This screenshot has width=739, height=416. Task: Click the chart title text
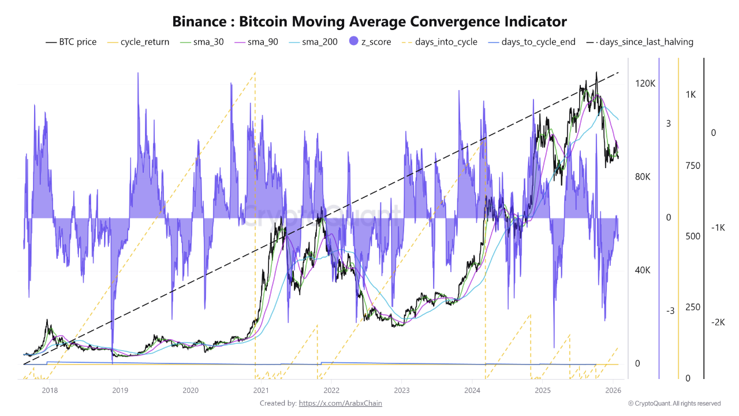coord(369,21)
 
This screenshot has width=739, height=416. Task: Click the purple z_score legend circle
coord(354,42)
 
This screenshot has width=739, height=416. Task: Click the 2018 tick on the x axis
coord(50,391)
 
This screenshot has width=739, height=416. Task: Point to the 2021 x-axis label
coord(260,391)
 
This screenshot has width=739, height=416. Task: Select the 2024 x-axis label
coord(472,391)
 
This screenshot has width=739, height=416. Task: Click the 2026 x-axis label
coord(613,391)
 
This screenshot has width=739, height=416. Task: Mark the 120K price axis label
coord(645,84)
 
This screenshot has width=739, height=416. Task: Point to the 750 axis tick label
coord(692,166)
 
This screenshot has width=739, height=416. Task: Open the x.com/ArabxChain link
coord(340,403)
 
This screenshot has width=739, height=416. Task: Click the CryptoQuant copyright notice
coord(674,403)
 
